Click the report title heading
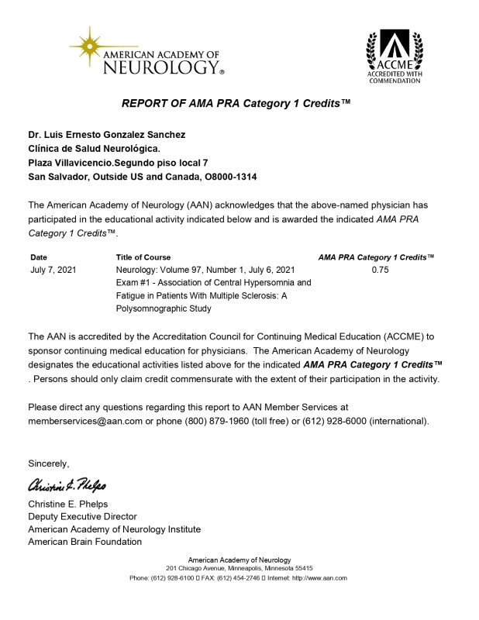click(x=236, y=104)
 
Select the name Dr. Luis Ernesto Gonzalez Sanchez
click(x=107, y=134)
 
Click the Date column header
click(x=39, y=257)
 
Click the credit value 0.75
click(x=380, y=270)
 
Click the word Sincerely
click(x=49, y=463)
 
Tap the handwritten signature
click(x=67, y=486)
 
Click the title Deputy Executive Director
click(x=82, y=516)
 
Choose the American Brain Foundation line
click(x=84, y=542)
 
